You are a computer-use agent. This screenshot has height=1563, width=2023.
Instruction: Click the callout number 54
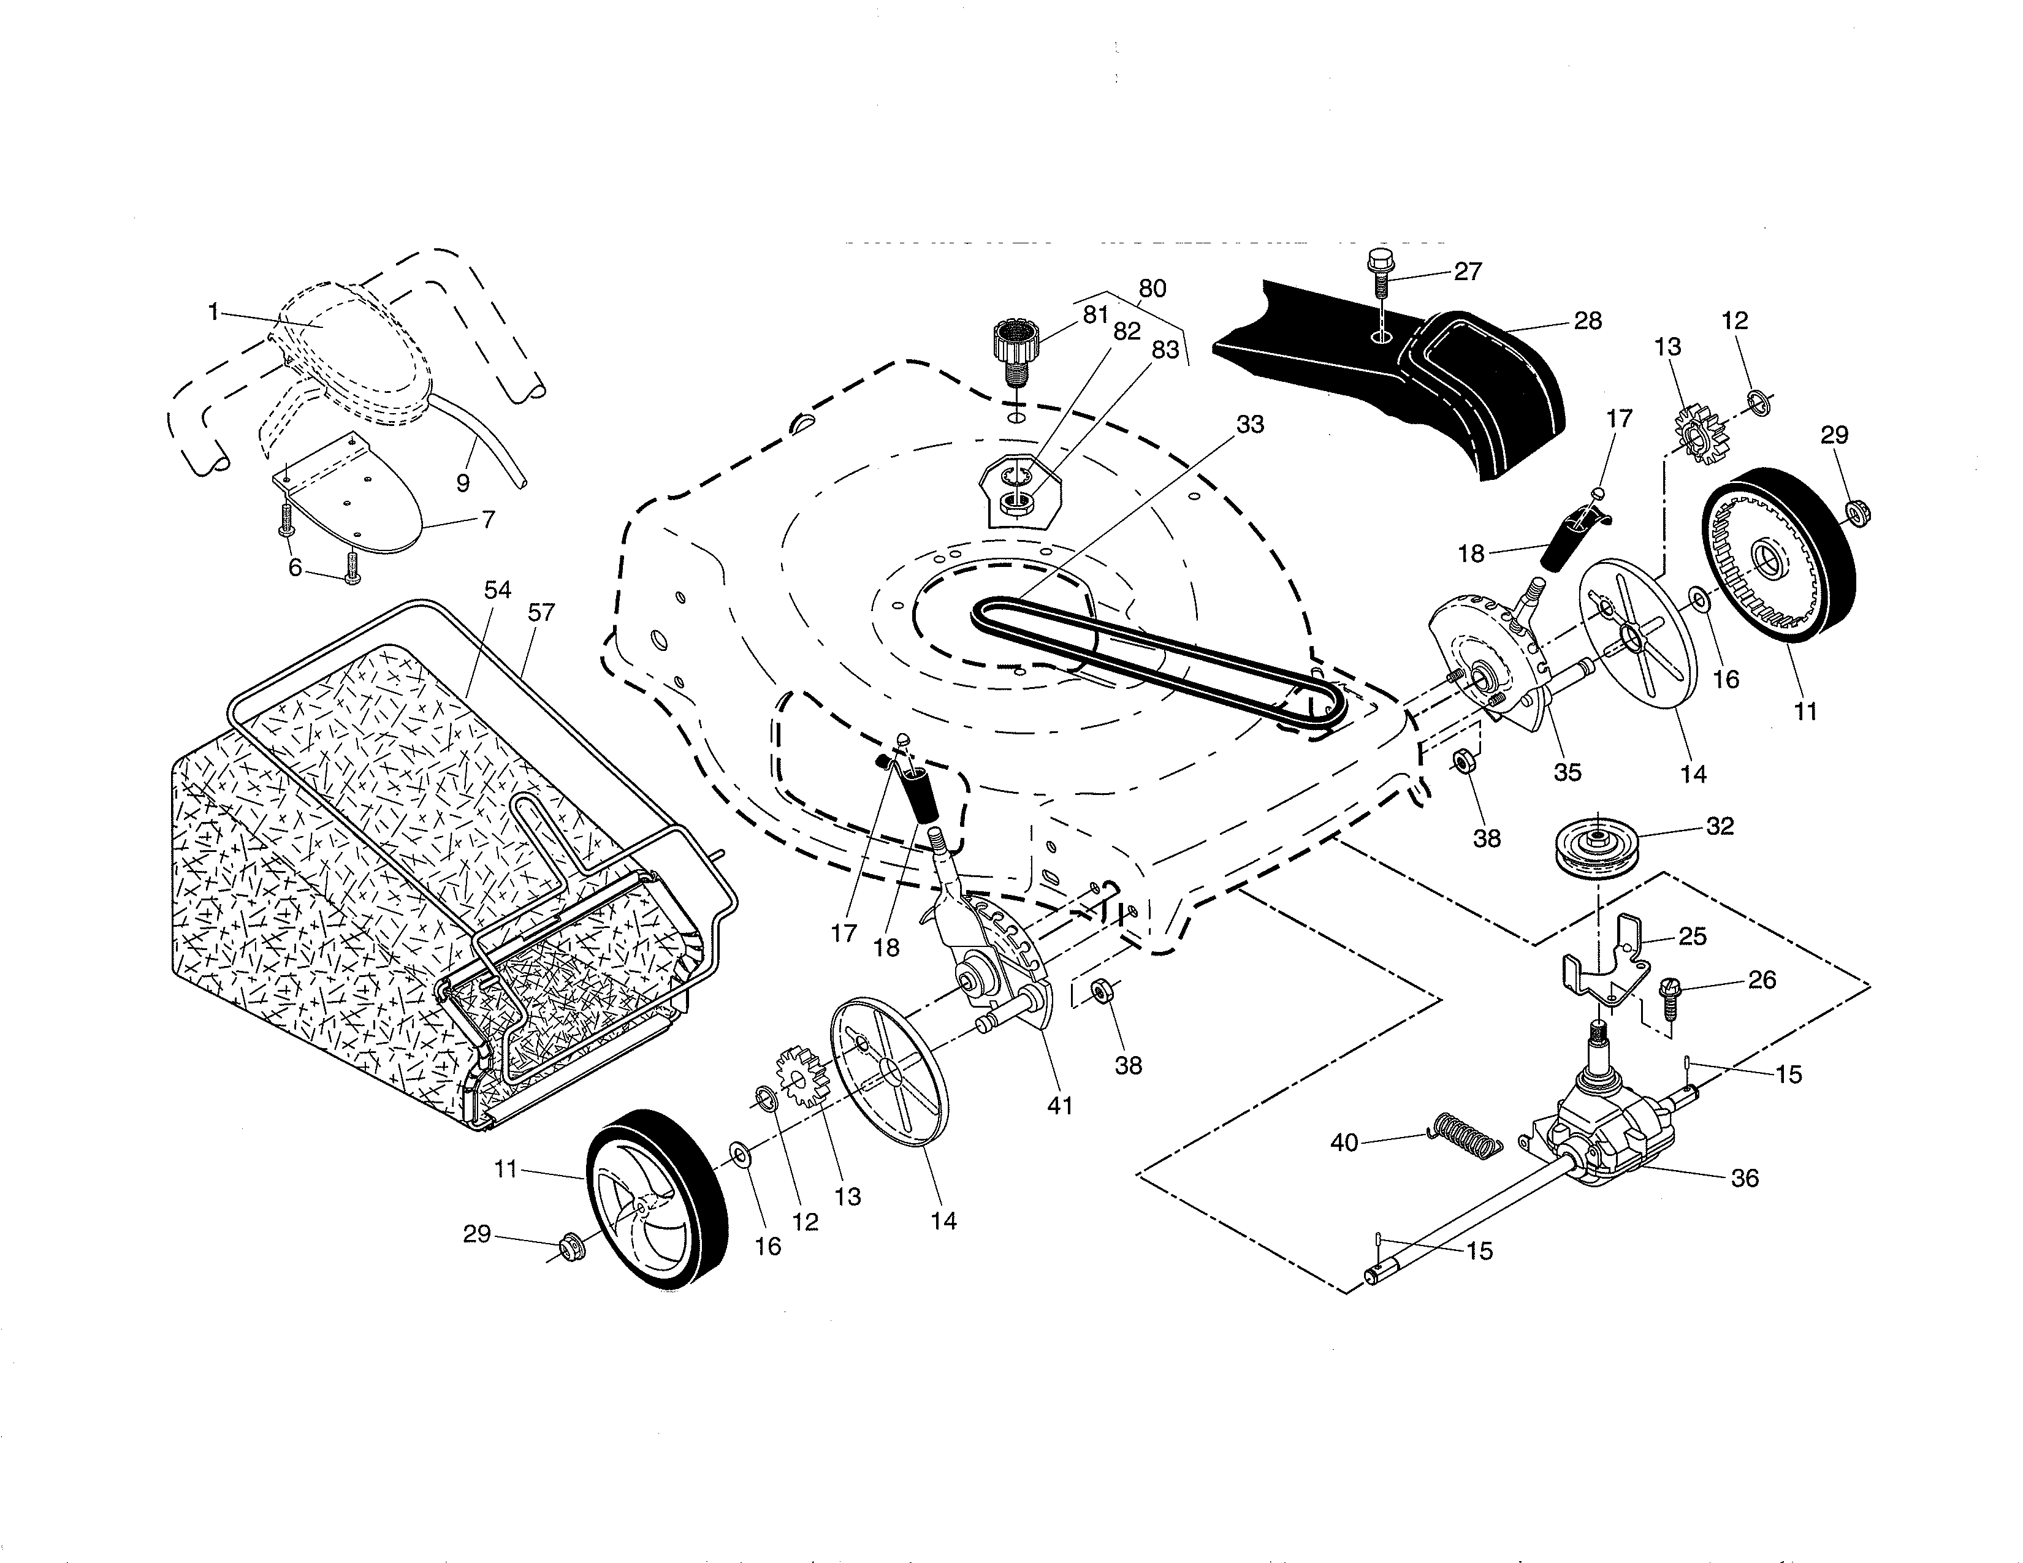point(497,590)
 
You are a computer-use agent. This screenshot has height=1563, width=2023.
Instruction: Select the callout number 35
point(1568,771)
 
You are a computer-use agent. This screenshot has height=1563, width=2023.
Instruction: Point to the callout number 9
point(463,482)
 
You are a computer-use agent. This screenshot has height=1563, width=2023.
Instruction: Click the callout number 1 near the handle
point(213,312)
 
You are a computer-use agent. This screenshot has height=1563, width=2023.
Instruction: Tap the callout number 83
point(1165,350)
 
